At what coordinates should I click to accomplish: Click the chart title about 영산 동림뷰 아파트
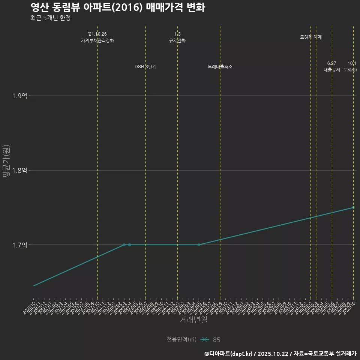117,7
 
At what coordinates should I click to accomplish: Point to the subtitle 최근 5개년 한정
50,18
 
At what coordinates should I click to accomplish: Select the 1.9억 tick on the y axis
19,96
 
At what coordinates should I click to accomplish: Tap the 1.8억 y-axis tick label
19,170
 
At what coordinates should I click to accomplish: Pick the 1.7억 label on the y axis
19,245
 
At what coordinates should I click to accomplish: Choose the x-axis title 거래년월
193,320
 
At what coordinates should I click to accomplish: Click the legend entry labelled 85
216,340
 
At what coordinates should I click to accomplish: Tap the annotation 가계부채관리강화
97,40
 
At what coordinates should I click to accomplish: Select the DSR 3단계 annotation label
145,67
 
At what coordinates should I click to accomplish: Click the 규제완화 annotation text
177,40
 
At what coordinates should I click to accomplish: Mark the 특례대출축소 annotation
220,67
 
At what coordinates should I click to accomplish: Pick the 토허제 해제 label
311,37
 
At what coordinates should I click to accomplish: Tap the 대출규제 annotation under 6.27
332,70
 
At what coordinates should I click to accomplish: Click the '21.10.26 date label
97,34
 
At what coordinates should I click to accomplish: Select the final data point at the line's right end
353,207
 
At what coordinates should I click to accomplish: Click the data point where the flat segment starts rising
199,245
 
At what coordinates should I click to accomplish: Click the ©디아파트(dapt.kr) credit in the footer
229,354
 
